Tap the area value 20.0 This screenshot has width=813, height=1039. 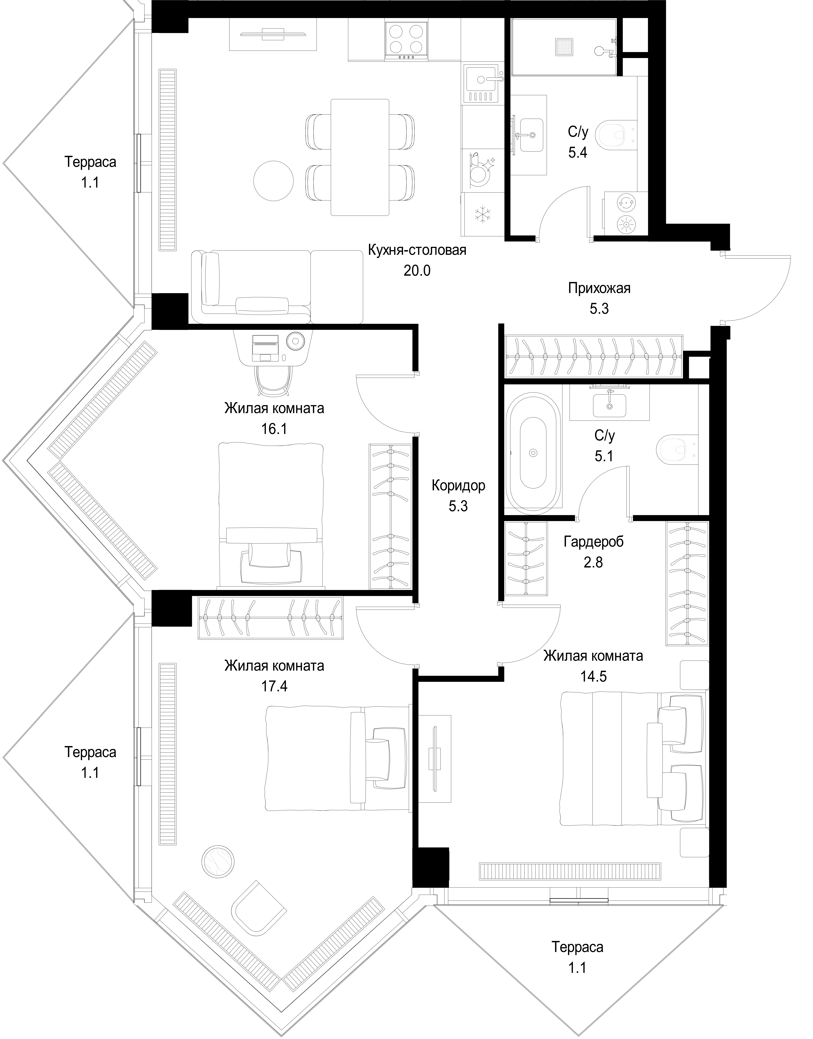coord(417,271)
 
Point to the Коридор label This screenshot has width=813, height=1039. coord(458,486)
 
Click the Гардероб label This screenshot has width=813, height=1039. coord(593,542)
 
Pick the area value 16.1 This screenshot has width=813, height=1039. coord(274,429)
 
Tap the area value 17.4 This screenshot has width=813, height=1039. coord(274,686)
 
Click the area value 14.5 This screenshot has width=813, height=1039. coord(593,677)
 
